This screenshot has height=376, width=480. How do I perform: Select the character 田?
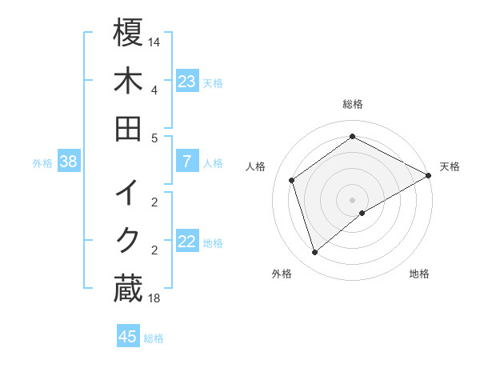pyautogui.click(x=129, y=129)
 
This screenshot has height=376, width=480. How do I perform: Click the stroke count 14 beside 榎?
pyautogui.click(x=154, y=41)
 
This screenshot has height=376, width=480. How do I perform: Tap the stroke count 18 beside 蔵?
pyautogui.click(x=154, y=298)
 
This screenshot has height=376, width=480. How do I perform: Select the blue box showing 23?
pyautogui.click(x=187, y=81)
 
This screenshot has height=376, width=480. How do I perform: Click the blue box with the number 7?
pyautogui.click(x=187, y=162)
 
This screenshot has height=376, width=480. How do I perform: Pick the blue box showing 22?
pyautogui.click(x=187, y=242)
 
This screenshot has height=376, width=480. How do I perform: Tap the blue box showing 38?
pyautogui.click(x=69, y=162)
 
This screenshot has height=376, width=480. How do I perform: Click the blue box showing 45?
pyautogui.click(x=128, y=337)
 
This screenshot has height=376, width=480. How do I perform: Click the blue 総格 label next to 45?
pyautogui.click(x=154, y=338)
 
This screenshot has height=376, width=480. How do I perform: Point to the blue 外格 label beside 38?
pyautogui.click(x=42, y=163)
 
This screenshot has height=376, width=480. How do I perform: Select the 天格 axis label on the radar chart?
pyautogui.click(x=450, y=166)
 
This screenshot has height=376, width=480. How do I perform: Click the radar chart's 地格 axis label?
pyautogui.click(x=419, y=274)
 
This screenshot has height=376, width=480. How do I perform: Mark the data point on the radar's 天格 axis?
pyautogui.click(x=430, y=176)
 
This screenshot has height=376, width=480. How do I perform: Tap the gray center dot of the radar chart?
pyautogui.click(x=353, y=199)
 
